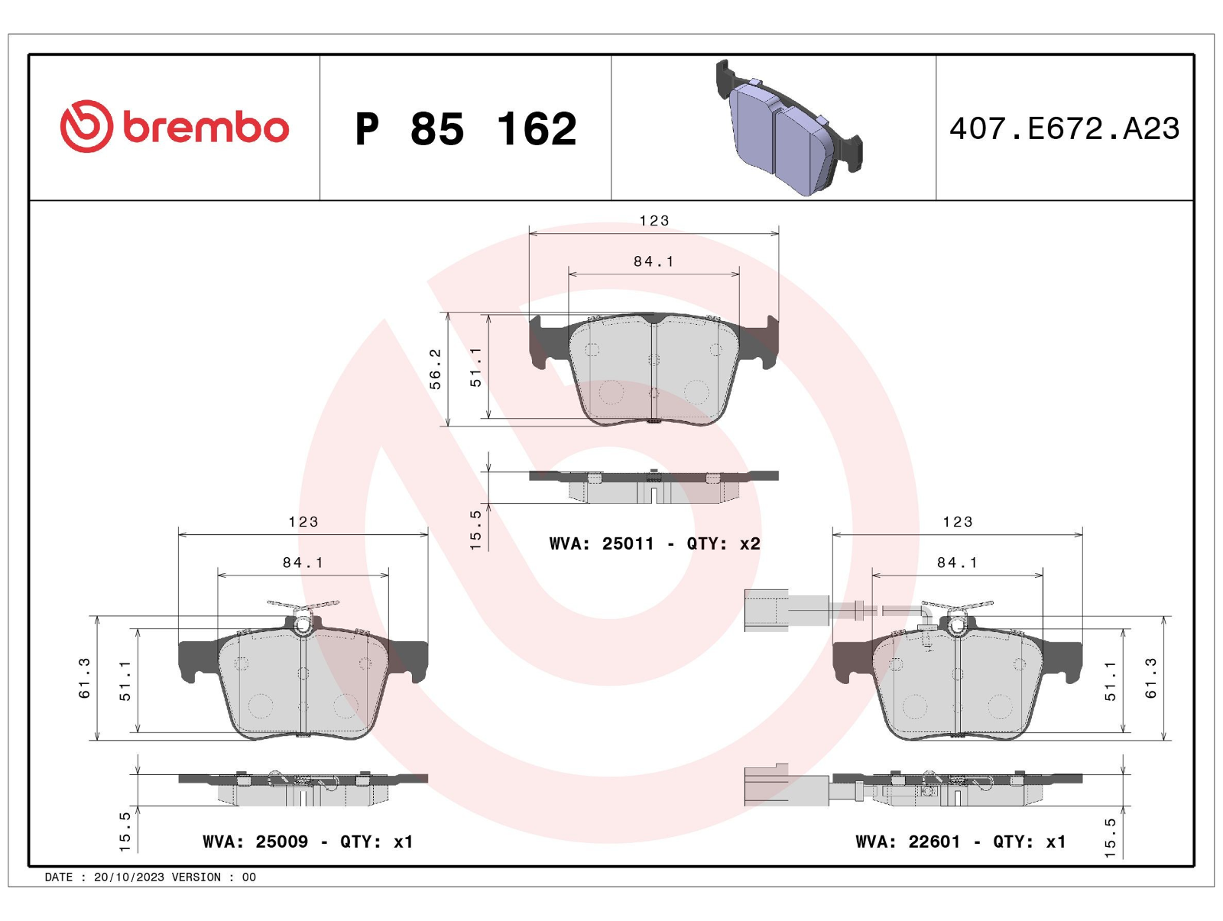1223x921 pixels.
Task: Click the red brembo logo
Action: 174,126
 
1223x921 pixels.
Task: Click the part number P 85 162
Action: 466,128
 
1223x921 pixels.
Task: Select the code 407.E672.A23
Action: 1064,128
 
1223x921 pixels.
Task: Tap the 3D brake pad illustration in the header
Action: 788,127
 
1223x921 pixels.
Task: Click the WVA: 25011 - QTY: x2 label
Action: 654,543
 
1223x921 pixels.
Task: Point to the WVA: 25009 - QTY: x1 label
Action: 307,842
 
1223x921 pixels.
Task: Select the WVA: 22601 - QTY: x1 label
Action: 961,842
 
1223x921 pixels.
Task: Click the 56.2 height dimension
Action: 435,369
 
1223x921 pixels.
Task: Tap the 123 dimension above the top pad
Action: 654,221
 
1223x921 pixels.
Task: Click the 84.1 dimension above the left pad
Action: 303,563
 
